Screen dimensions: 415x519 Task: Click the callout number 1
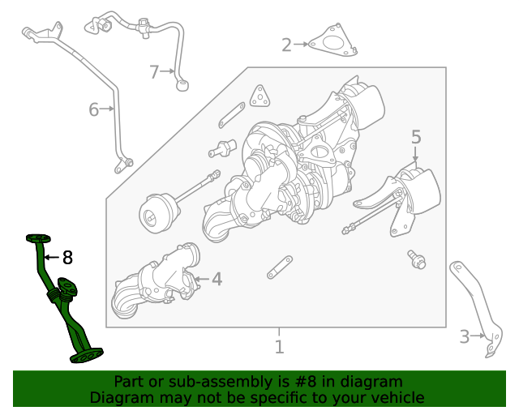[279, 348]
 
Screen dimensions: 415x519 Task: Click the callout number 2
[286, 45]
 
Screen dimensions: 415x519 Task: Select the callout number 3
[465, 336]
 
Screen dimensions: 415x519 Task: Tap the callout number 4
[217, 280]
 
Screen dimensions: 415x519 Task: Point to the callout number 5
[416, 137]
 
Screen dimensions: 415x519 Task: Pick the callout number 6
[94, 109]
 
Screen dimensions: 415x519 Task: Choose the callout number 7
[155, 72]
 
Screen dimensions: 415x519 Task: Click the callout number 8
[67, 258]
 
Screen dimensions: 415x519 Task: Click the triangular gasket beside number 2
[332, 44]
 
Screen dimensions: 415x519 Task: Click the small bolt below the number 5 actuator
[417, 259]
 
